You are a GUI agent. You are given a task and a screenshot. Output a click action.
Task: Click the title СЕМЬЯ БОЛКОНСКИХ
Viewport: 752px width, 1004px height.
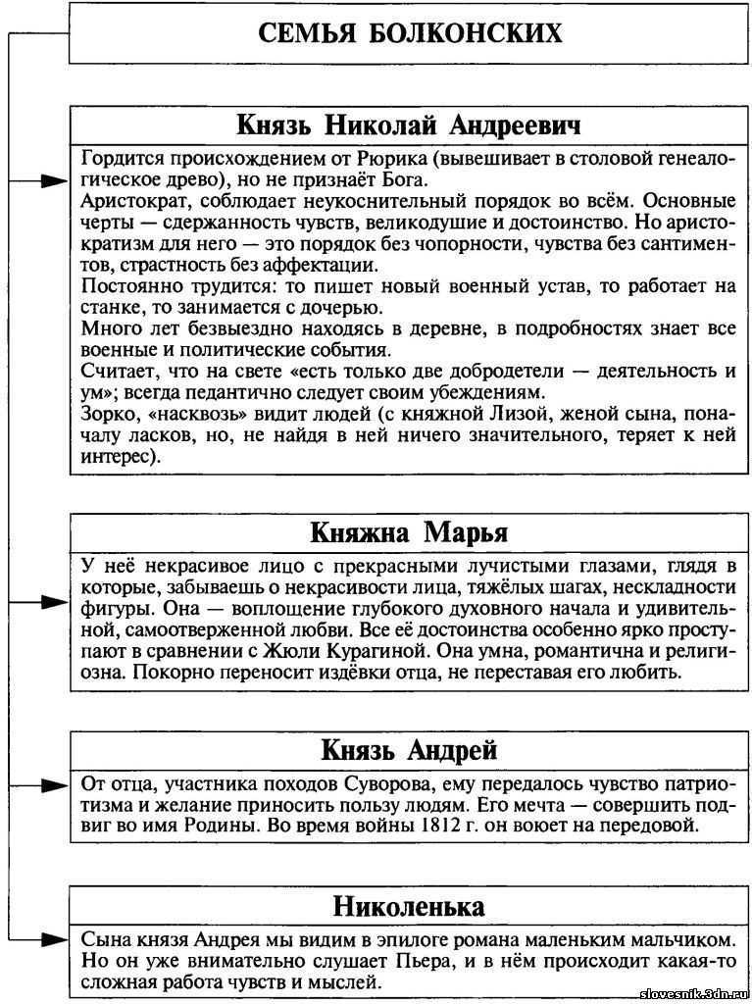[x=410, y=33]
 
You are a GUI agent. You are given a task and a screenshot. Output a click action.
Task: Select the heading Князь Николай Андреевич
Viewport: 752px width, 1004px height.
[x=409, y=126]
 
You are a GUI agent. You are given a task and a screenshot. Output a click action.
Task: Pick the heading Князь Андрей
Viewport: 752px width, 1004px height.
[x=409, y=750]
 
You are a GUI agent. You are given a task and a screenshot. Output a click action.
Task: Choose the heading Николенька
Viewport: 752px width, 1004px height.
[x=409, y=903]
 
